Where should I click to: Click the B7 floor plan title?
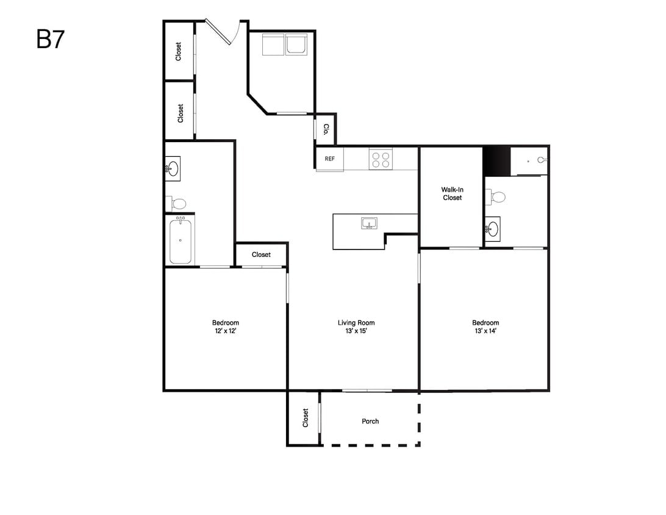[50, 40]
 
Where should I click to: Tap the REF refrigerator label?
[329, 159]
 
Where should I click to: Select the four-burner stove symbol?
[381, 159]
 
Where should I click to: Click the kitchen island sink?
[369, 223]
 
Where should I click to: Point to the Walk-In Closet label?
[452, 194]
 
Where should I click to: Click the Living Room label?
[356, 323]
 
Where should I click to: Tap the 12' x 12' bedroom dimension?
[225, 331]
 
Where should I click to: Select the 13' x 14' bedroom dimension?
[485, 331]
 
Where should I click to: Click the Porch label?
[370, 421]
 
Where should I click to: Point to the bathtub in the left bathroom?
[181, 240]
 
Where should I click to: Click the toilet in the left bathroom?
[176, 204]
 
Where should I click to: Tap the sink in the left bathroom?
[173, 168]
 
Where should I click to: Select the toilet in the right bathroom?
[495, 197]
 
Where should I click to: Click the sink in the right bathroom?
[492, 229]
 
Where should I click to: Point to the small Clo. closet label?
[326, 129]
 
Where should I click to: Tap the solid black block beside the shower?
[496, 162]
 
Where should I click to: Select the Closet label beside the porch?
[305, 418]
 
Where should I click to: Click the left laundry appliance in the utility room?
[273, 45]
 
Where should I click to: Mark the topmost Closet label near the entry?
[178, 51]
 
